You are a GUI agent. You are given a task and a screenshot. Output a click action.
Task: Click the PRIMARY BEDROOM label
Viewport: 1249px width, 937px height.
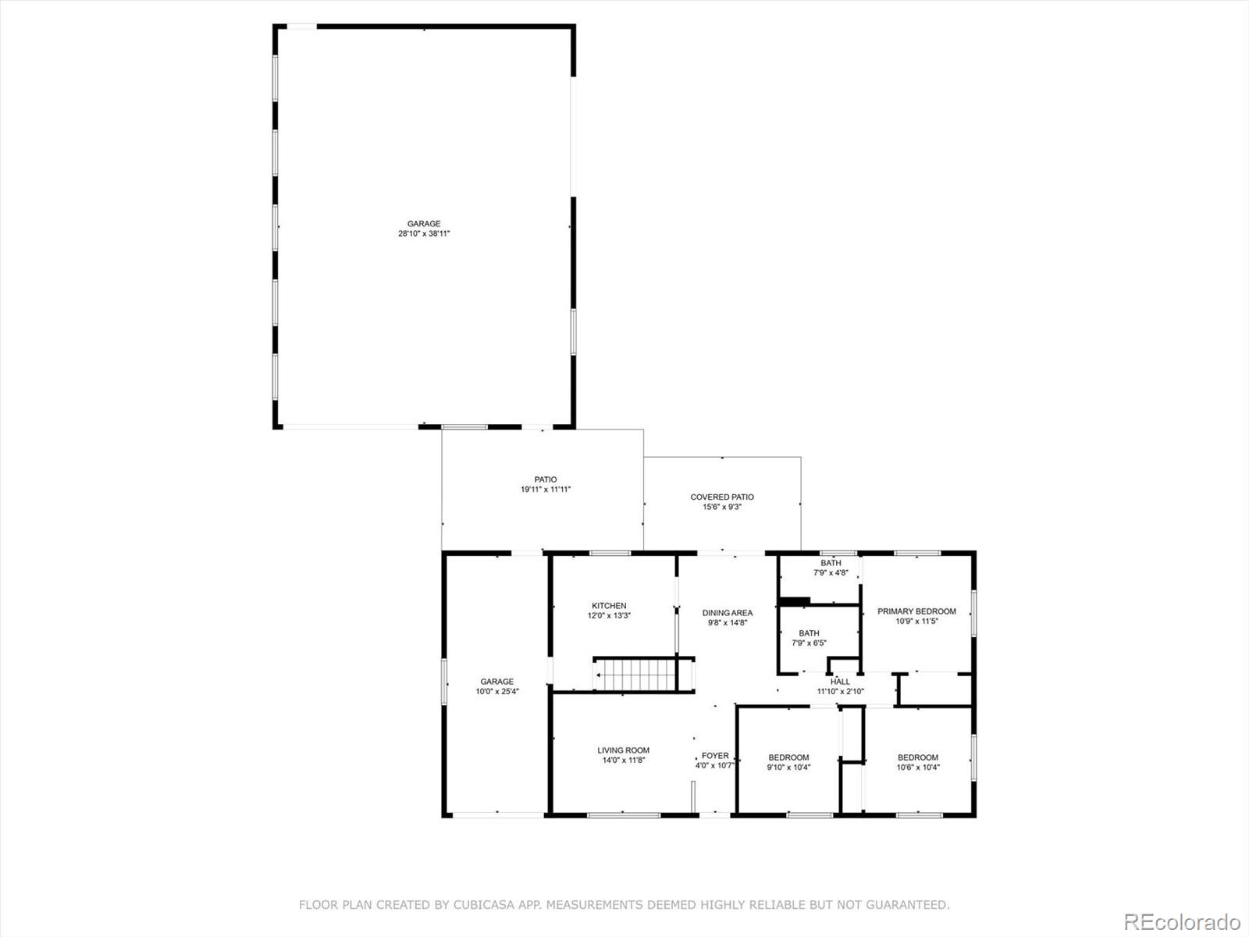(x=916, y=611)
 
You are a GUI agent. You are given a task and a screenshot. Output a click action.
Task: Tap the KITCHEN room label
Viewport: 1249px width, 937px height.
(x=609, y=606)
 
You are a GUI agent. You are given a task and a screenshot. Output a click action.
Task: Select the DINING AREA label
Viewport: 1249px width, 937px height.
(x=728, y=613)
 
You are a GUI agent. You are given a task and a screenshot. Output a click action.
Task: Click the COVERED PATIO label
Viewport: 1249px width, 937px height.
(x=722, y=497)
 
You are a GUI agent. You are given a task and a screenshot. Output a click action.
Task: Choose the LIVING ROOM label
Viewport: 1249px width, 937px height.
(x=623, y=750)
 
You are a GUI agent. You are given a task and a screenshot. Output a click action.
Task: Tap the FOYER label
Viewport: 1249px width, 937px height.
(x=715, y=756)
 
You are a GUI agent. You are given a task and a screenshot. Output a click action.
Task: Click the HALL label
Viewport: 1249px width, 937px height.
(x=840, y=682)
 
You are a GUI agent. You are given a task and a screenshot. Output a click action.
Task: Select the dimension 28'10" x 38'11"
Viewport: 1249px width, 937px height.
(x=424, y=233)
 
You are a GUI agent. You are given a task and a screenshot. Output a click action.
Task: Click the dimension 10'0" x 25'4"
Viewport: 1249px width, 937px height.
(x=497, y=691)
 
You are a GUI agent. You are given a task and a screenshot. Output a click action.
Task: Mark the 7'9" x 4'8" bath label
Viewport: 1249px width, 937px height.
(x=831, y=568)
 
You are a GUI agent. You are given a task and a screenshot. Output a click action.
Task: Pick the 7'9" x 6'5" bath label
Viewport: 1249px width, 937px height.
(x=809, y=638)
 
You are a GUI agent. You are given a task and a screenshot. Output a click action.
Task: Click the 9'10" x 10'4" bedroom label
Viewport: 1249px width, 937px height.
(x=788, y=762)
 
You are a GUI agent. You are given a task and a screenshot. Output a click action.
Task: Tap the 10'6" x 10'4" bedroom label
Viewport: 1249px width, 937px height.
(x=918, y=762)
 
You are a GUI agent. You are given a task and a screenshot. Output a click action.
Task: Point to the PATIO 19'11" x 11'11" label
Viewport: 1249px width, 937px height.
(x=546, y=484)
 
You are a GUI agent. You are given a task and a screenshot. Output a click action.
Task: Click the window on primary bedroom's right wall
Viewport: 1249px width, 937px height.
(x=973, y=613)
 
